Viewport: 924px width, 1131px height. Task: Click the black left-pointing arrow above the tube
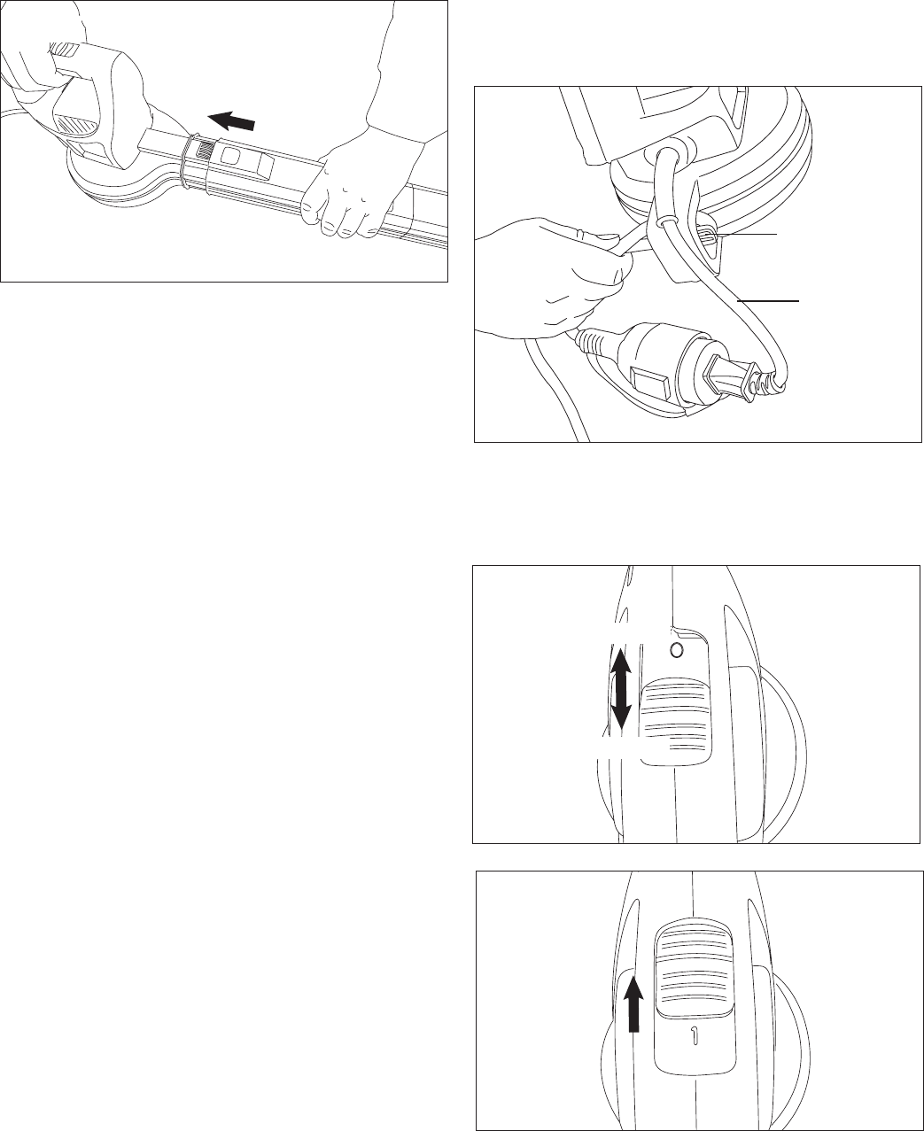point(231,120)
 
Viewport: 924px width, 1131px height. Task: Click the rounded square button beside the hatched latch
point(230,156)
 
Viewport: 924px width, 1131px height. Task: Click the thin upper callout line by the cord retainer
point(749,235)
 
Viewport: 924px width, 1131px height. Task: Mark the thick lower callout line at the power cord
point(768,301)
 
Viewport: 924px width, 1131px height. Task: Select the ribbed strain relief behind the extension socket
point(596,340)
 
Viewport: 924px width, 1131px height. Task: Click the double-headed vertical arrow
point(621,688)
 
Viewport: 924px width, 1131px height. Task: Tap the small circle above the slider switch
point(677,650)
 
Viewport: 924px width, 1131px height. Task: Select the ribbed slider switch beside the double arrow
point(676,721)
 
